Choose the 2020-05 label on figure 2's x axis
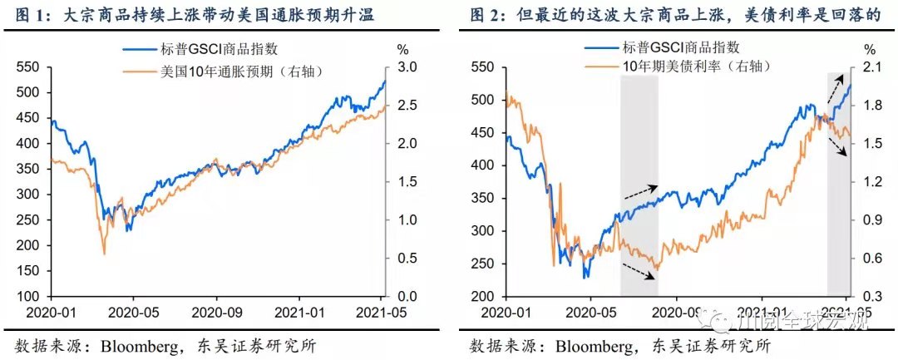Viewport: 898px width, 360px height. click(590, 314)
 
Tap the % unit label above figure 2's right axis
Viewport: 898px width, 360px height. click(869, 49)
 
